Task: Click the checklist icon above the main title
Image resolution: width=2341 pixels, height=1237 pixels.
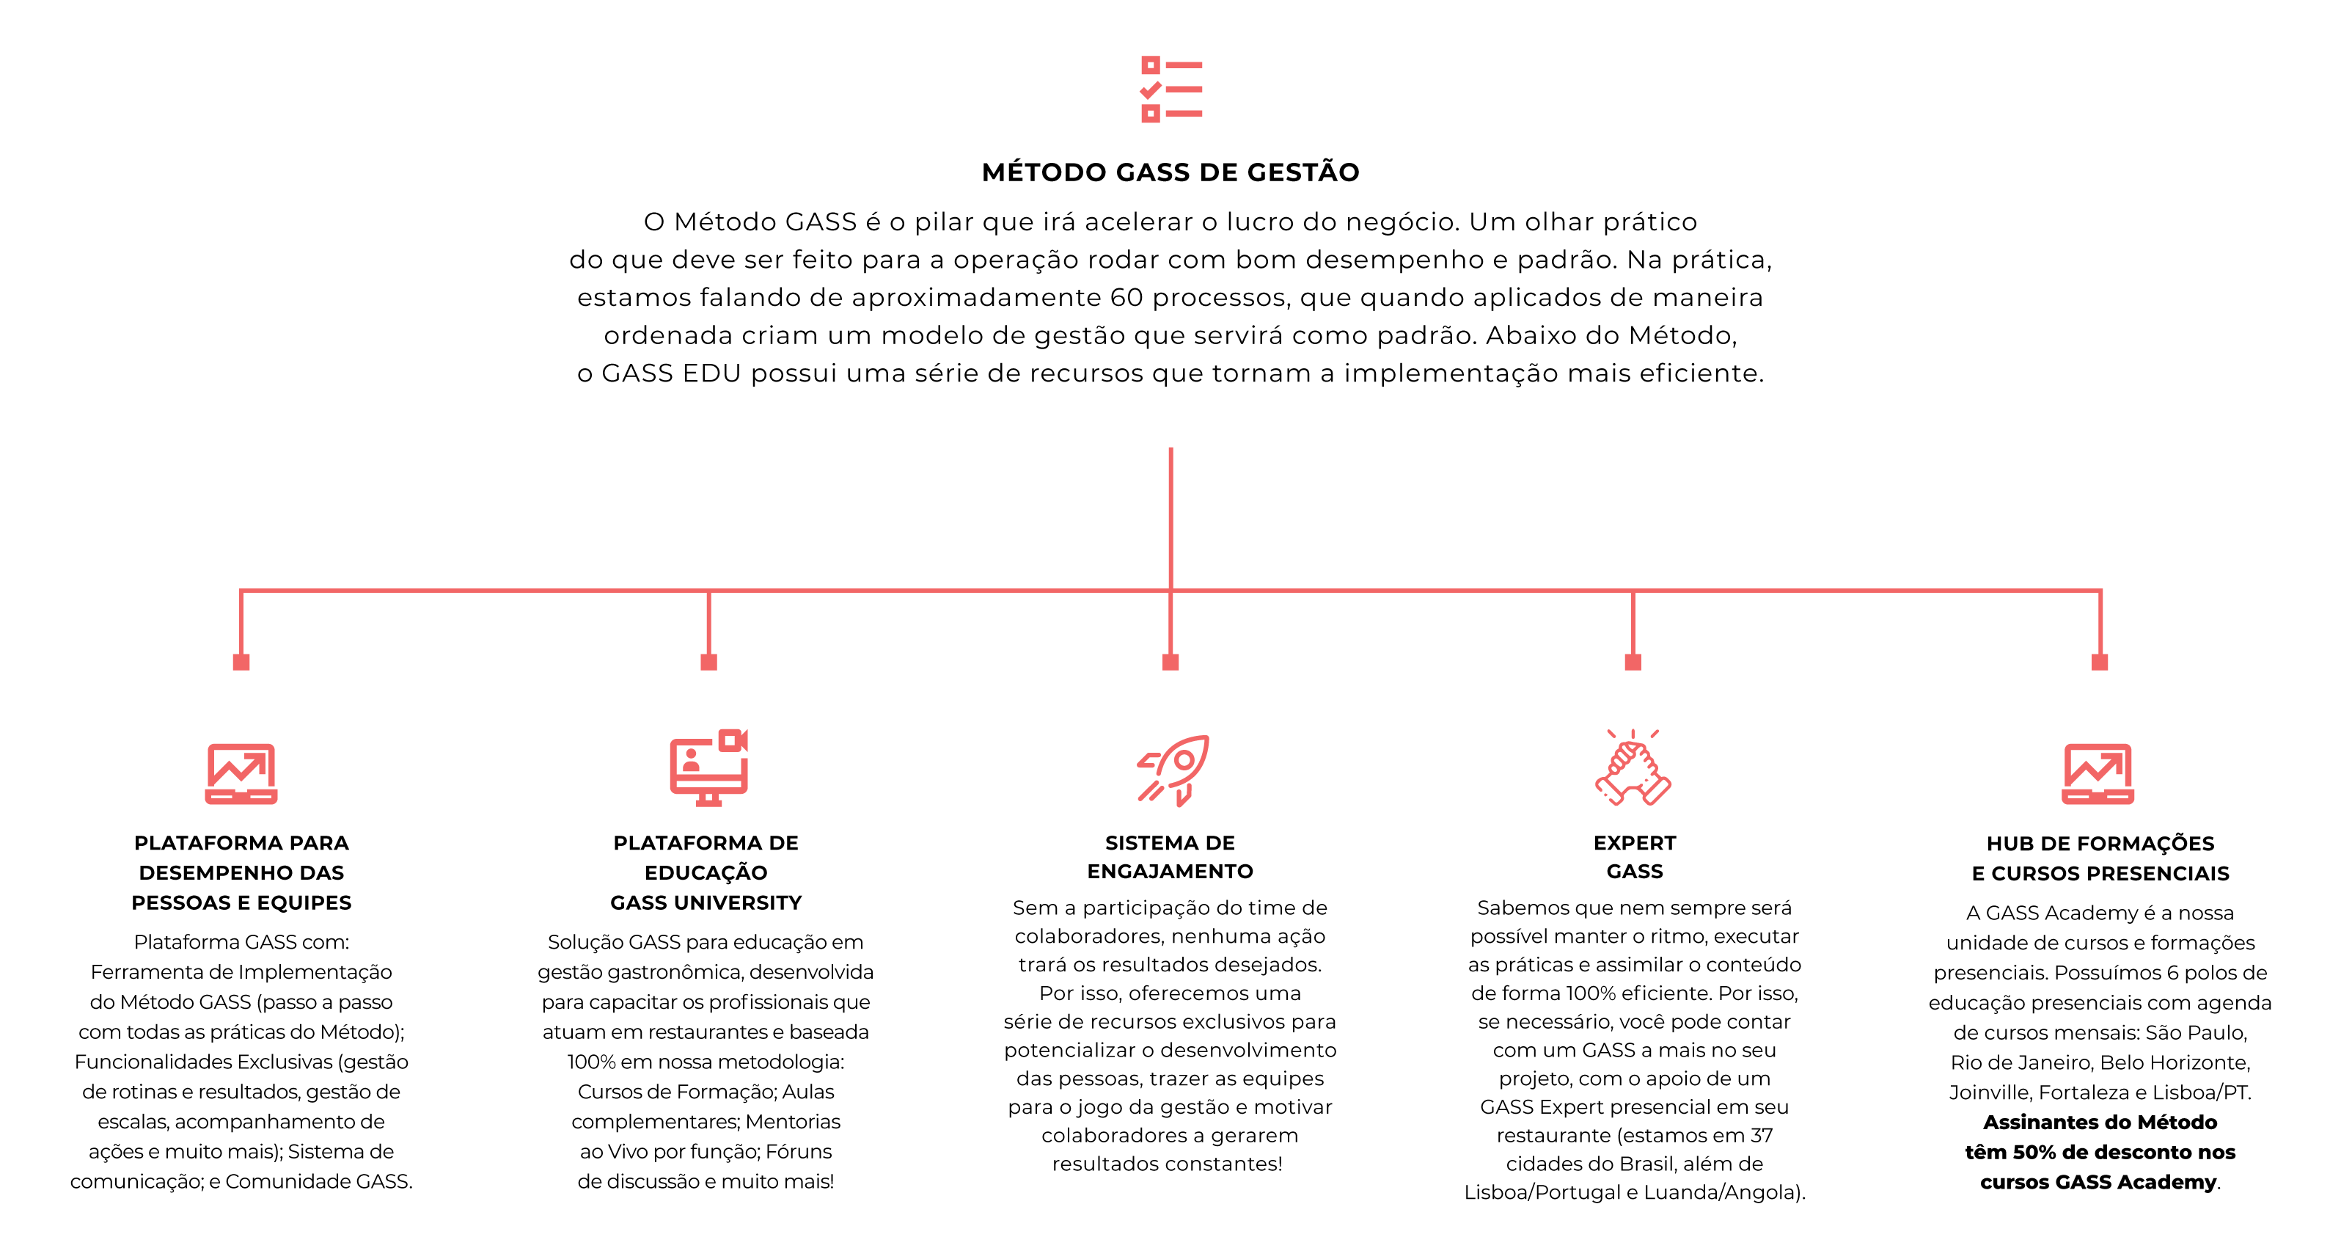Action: [1170, 89]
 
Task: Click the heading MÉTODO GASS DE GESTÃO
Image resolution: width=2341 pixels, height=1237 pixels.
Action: [1170, 172]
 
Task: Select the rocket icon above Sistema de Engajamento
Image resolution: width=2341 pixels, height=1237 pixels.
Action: [1172, 770]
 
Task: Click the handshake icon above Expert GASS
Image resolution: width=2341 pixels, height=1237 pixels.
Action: [1633, 767]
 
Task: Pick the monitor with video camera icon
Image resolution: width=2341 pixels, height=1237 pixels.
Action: [709, 767]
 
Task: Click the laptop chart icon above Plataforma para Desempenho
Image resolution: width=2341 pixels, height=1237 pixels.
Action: [241, 773]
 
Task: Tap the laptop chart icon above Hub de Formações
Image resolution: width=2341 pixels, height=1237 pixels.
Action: [2098, 773]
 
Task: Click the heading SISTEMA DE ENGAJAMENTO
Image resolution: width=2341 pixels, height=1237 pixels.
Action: [1170, 856]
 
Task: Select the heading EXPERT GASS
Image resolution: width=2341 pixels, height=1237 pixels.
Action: [1634, 856]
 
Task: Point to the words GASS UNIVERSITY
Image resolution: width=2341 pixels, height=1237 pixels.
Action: [706, 902]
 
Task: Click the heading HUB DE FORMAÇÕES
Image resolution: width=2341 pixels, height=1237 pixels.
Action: [2100, 844]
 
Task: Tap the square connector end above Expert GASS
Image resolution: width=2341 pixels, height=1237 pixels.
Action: [1633, 662]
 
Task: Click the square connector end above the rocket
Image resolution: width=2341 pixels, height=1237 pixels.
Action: [1170, 662]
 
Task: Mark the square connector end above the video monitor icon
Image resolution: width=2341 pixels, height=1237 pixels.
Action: [709, 662]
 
